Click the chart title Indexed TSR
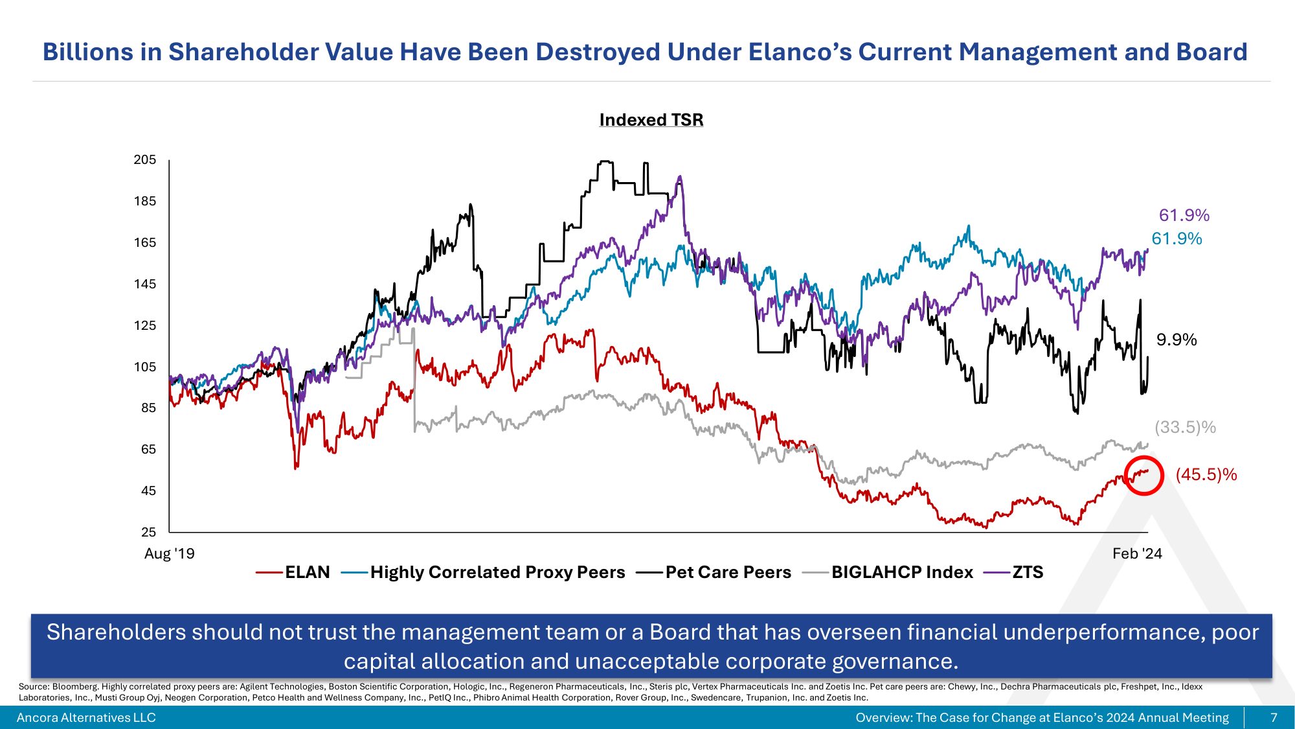click(651, 120)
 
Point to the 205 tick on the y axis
click(145, 159)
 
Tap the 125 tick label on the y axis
click(145, 325)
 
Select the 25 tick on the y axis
click(149, 532)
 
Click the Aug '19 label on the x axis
click(169, 553)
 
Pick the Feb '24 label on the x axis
click(1137, 553)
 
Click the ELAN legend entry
click(307, 572)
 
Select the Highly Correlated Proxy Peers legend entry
click(497, 572)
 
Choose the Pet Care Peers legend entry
click(728, 572)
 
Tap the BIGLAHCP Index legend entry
click(902, 572)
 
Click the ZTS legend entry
click(1028, 572)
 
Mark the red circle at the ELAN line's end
click(1144, 475)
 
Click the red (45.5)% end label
click(1206, 474)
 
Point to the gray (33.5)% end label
click(1185, 427)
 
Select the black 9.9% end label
click(1177, 340)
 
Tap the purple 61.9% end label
click(1184, 215)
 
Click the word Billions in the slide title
click(87, 52)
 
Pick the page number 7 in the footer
click(1274, 717)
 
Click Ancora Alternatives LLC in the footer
click(86, 717)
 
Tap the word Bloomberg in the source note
click(75, 686)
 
